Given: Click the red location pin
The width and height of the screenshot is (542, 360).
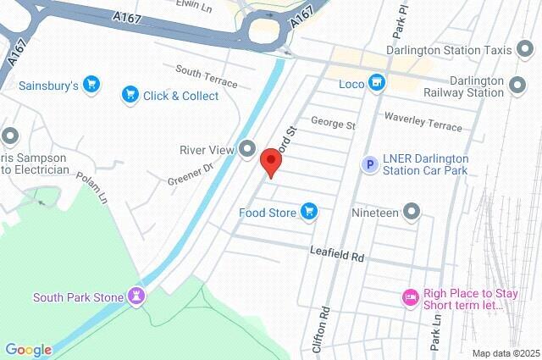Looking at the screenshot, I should pyautogui.click(x=270, y=161).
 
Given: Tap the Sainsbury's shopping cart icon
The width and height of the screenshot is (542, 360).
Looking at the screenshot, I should pyautogui.click(x=91, y=85).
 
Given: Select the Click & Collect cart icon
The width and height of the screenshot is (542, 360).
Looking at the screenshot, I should pyautogui.click(x=130, y=95).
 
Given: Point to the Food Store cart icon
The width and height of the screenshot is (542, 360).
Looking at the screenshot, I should pyautogui.click(x=309, y=212).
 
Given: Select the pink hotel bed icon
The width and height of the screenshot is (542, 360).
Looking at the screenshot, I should pyautogui.click(x=410, y=297).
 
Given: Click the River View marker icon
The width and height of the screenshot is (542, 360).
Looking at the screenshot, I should pyautogui.click(x=247, y=150).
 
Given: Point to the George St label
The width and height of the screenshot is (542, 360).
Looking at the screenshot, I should pyautogui.click(x=333, y=124).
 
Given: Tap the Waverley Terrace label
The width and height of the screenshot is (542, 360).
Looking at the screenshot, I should pyautogui.click(x=423, y=120).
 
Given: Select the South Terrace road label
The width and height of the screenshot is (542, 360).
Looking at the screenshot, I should pyautogui.click(x=207, y=76).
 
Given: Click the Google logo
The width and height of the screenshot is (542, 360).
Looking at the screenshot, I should pyautogui.click(x=28, y=350).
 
